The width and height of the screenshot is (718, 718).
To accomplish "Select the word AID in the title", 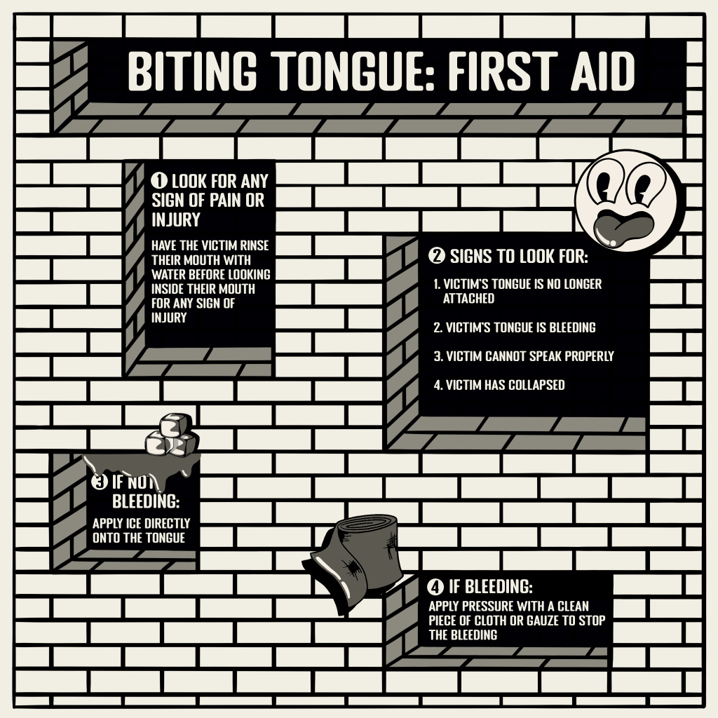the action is pos(602,71).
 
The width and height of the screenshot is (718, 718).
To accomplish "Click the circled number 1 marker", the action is pos(159,181).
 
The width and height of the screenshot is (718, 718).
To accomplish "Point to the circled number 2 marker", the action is pos(436,255).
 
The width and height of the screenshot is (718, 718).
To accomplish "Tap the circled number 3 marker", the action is pos(99,482).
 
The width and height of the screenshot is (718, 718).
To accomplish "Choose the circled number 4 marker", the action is pos(435,587).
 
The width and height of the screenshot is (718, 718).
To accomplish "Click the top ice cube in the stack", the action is pos(175,425).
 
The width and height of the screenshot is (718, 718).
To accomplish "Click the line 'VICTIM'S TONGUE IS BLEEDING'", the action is pos(514,327).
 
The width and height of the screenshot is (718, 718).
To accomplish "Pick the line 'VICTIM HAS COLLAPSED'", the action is pos(499,385).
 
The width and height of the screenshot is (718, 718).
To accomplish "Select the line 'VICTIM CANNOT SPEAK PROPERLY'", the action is pos(523,356).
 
